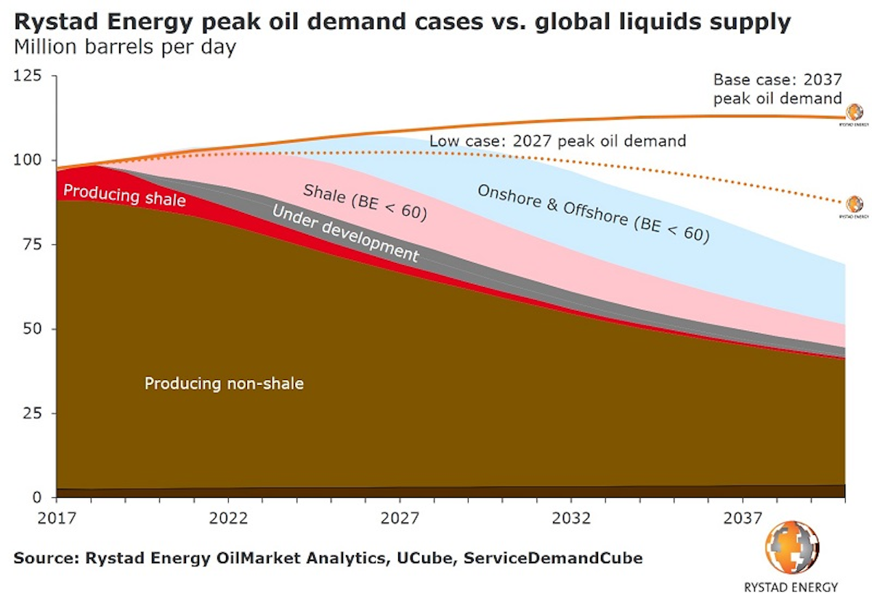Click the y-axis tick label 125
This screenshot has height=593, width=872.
28,76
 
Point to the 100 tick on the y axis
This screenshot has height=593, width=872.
28,160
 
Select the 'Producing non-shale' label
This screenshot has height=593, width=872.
224,383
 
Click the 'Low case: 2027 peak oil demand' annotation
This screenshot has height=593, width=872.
557,140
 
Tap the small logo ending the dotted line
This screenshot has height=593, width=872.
853,204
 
